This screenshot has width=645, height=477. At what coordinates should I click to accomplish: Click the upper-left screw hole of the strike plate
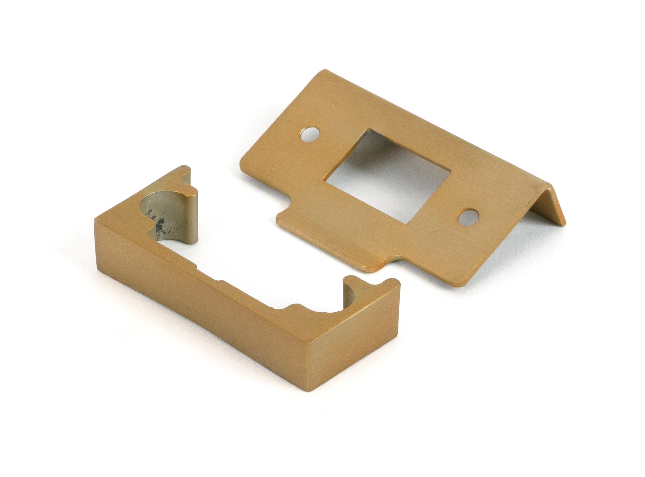[x=309, y=135]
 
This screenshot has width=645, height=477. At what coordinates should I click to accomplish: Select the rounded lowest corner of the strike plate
[x=464, y=285]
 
